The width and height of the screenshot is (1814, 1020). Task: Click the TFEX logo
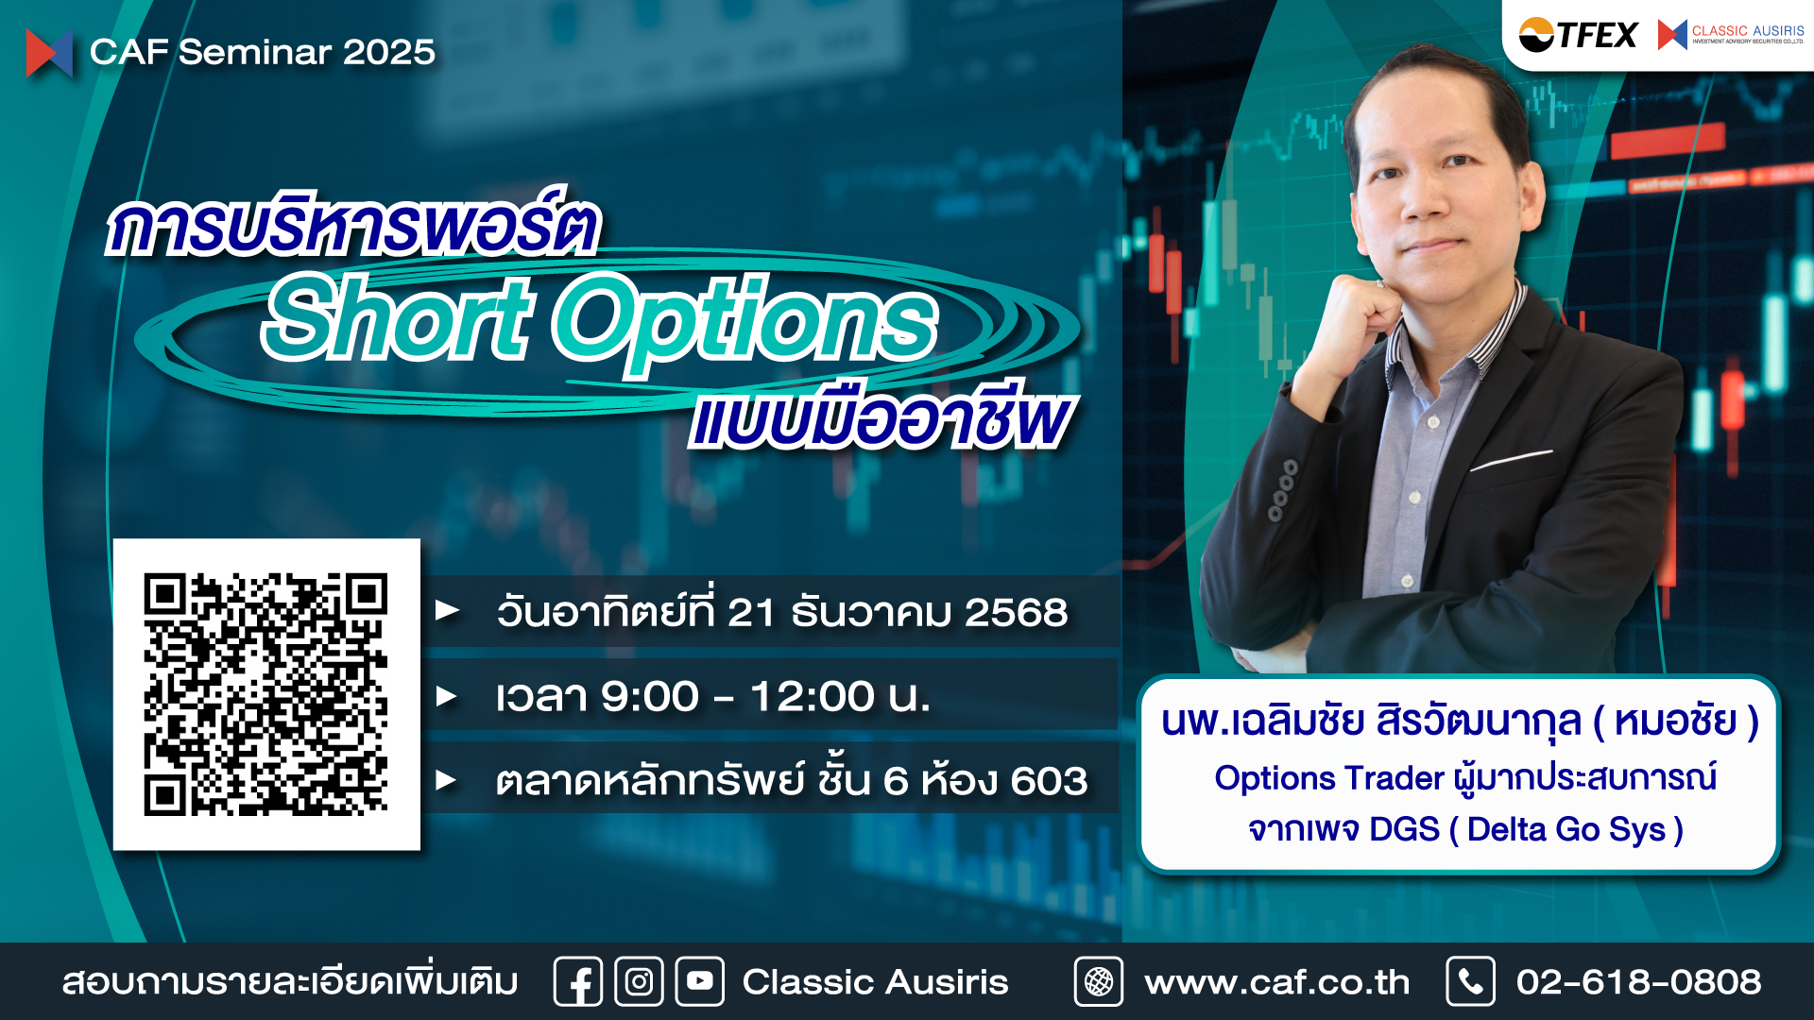pos(1578,35)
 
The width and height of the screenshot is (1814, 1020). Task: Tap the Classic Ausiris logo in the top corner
pos(1731,35)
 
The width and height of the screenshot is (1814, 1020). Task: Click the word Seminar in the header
pos(255,52)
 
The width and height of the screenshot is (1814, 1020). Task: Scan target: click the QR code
pos(266,694)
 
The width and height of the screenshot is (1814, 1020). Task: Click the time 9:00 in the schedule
pos(650,697)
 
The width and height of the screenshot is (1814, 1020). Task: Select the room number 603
pos(1049,781)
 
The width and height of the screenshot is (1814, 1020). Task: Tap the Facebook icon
pos(578,982)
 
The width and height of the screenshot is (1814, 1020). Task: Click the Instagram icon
pos(639,982)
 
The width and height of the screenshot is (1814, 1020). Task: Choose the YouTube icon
pos(700,982)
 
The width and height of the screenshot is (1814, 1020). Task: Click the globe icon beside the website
pos(1099,982)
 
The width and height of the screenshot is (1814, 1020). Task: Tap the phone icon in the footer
pos(1470,982)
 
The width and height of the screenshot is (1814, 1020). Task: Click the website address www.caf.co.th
pos(1276,982)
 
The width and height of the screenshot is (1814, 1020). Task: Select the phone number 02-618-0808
pos(1638,982)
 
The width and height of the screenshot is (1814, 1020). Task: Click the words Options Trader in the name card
pos(1329,778)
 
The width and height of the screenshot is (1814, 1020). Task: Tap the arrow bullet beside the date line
pos(447,611)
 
